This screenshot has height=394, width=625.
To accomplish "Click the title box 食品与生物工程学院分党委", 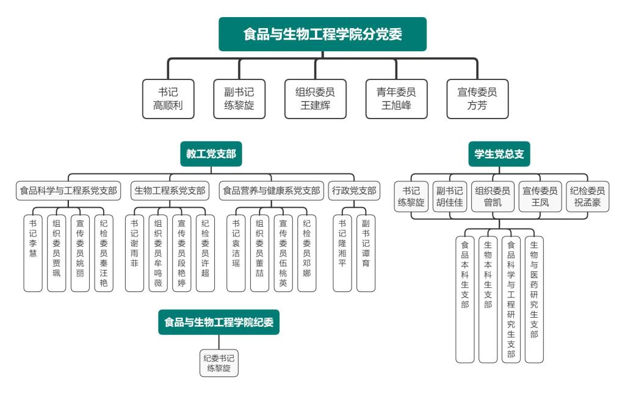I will coord(322,34).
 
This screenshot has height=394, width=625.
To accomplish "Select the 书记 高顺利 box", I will coord(168,99).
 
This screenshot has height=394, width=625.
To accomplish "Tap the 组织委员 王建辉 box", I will coord(315,99).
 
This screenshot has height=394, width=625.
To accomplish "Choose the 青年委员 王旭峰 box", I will coord(396,99).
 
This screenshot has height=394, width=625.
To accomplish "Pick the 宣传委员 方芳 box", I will coord(477,99).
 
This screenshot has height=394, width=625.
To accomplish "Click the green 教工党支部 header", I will coord(211,155).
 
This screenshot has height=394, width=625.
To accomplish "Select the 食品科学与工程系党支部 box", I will coord(68,191).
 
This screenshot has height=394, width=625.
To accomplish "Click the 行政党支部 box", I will coord(354,191).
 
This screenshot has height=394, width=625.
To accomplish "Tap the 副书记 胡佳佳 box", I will coord(449,197).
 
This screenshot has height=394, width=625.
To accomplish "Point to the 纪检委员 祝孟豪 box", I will coord(587,197).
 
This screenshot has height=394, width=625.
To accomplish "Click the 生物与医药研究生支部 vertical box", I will coord(534,299).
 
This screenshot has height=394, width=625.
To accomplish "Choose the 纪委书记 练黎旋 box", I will coord(219,363).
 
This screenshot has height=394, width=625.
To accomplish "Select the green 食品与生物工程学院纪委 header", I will coord(219,322).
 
